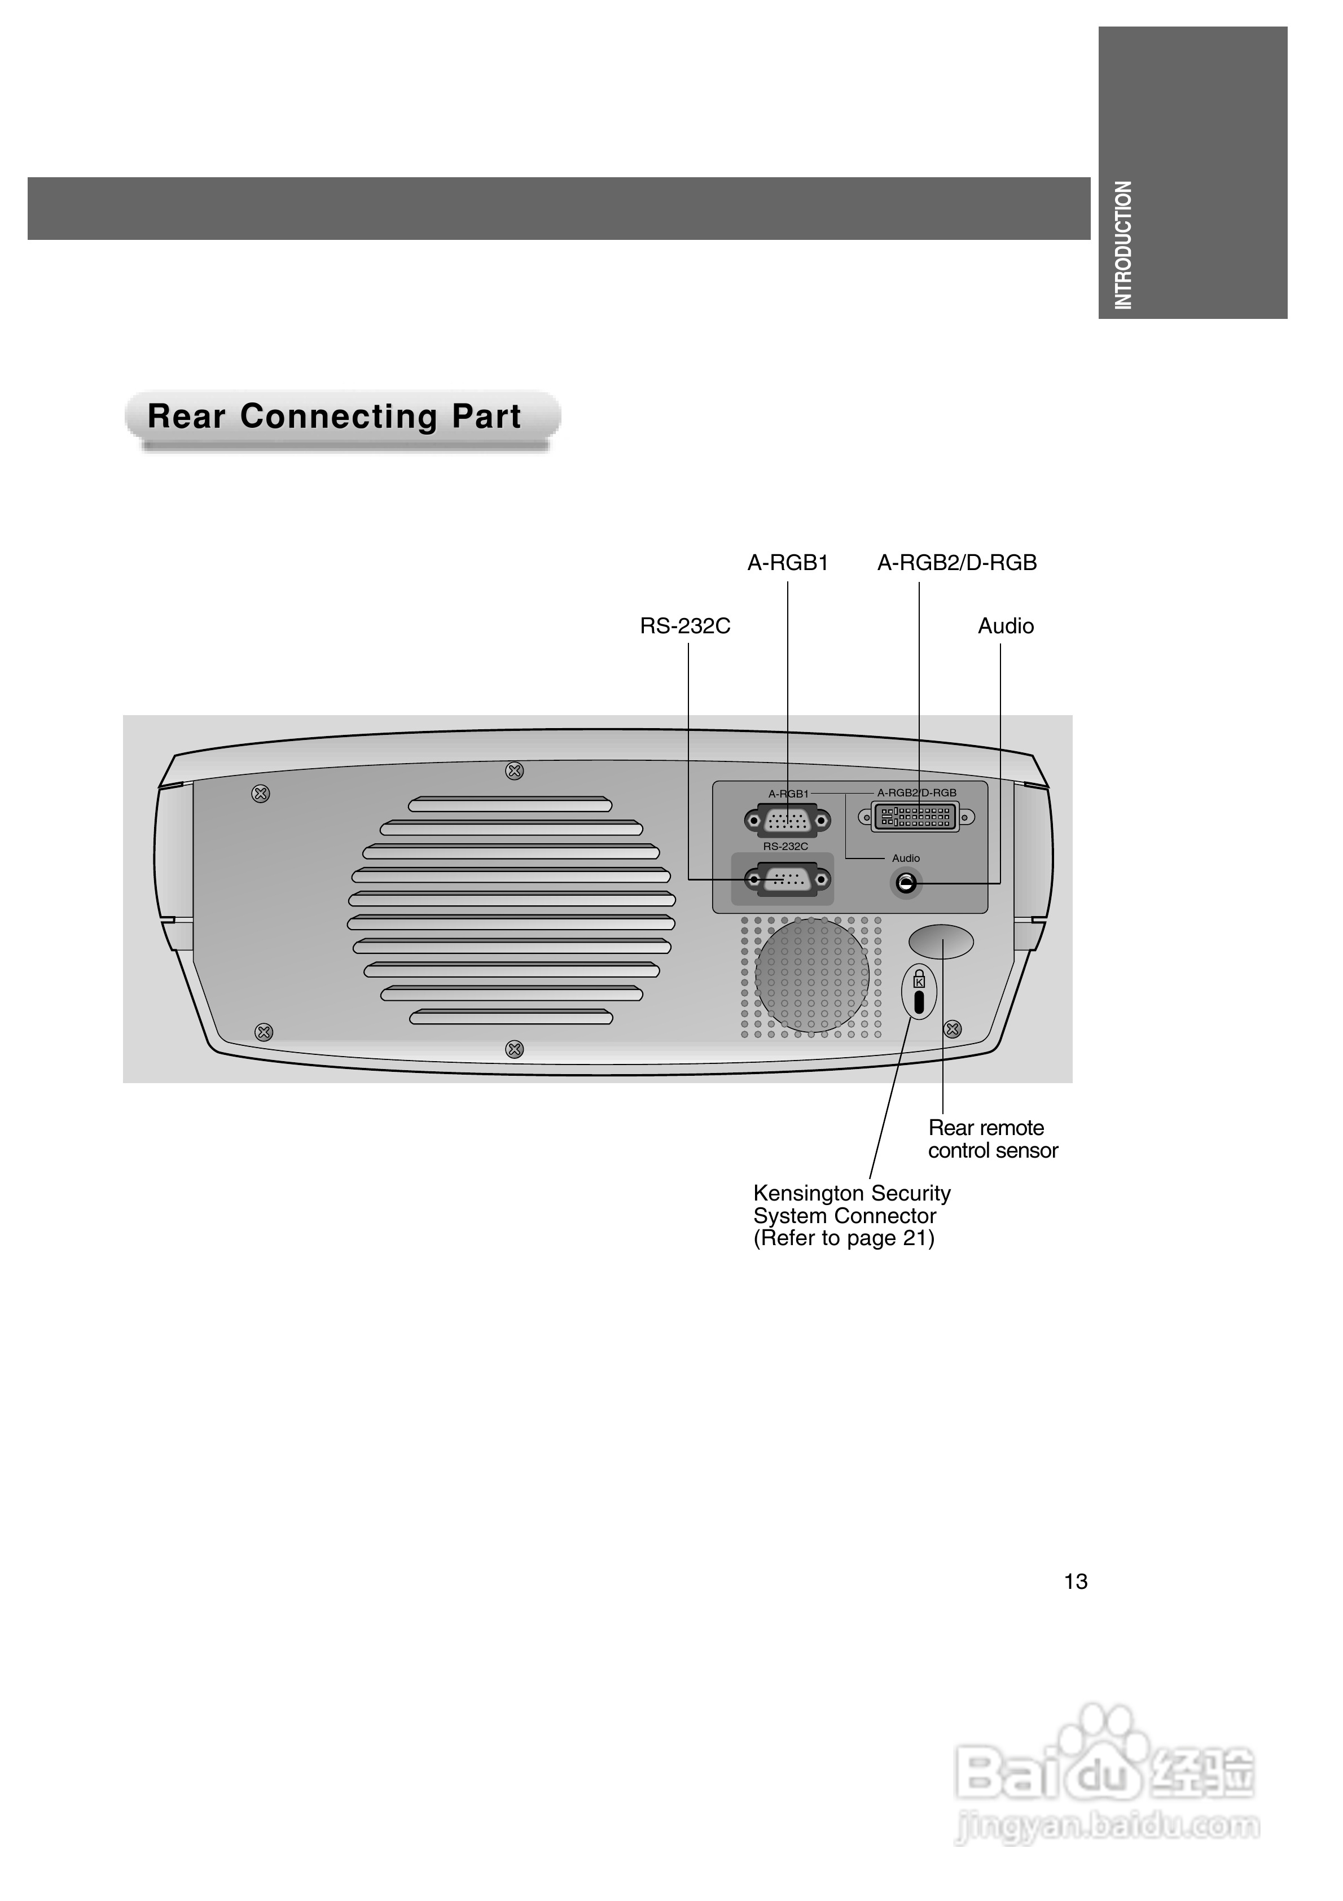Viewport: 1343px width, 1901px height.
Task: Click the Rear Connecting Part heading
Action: [x=335, y=417]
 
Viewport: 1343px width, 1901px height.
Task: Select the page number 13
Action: [x=1075, y=1582]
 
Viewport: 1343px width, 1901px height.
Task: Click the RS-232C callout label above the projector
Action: [x=684, y=626]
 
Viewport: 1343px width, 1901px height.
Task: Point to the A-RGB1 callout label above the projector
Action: [x=787, y=563]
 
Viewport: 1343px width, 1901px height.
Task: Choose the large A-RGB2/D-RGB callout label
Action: [x=956, y=563]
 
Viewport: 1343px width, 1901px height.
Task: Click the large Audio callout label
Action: [x=1005, y=626]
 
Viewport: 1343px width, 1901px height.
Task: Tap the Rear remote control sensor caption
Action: [x=992, y=1138]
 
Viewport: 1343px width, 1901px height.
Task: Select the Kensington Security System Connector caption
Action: [x=851, y=1215]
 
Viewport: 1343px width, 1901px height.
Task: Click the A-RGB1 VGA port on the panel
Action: [x=787, y=821]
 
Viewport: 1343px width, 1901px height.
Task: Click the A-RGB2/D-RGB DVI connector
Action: [x=915, y=817]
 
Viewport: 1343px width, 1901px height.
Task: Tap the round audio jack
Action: [x=907, y=883]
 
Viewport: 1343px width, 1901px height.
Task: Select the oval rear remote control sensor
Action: [x=941, y=941]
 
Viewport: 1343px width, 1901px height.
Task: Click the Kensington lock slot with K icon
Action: [x=918, y=991]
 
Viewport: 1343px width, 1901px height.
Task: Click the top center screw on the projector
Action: [x=514, y=771]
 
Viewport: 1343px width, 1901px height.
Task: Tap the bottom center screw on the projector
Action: [x=514, y=1049]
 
